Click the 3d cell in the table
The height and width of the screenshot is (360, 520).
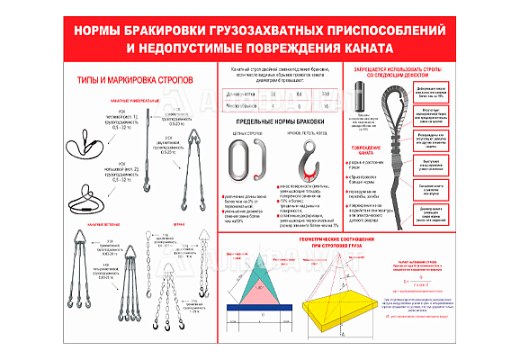pyautogui.click(x=274, y=93)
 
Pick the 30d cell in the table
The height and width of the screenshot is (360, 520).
pyautogui.click(x=327, y=93)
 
